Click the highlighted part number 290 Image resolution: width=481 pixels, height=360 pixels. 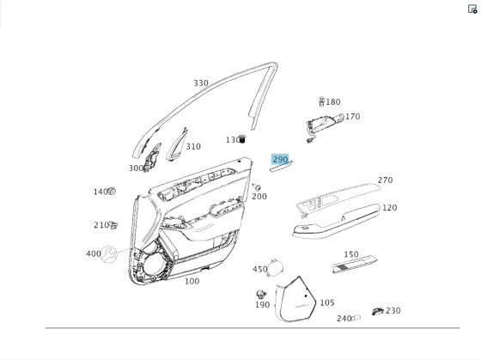(280, 160)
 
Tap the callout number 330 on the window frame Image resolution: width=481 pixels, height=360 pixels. (200, 83)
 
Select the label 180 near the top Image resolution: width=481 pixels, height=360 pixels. (332, 102)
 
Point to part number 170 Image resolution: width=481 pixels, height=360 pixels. (352, 117)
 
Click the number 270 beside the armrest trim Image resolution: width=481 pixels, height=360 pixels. (385, 180)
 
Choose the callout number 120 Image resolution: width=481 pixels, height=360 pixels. (389, 208)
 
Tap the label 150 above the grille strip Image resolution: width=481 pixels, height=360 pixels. (351, 254)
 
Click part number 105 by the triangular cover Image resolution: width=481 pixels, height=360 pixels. (327, 302)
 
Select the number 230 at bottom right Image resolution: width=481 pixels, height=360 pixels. (393, 310)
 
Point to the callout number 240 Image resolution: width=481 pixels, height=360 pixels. (344, 319)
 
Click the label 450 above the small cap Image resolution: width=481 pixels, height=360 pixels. (259, 270)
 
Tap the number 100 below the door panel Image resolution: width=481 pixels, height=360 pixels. (192, 281)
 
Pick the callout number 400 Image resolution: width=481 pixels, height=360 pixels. (93, 253)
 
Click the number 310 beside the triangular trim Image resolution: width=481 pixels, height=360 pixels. (193, 147)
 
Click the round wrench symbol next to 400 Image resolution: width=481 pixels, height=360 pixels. (110, 253)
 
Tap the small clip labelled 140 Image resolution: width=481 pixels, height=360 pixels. (113, 192)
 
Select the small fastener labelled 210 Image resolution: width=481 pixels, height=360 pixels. (113, 225)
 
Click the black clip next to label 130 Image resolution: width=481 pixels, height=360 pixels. (243, 138)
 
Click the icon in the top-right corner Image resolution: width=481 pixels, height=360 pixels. (472, 9)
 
